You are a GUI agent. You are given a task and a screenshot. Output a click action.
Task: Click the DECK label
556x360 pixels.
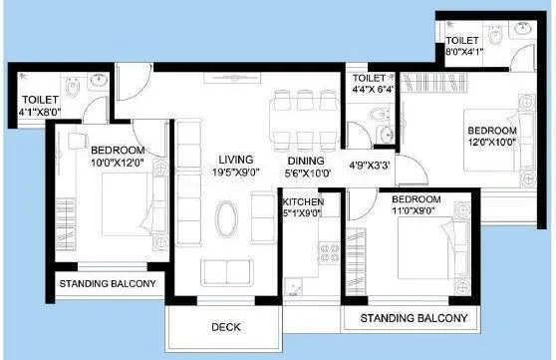224,326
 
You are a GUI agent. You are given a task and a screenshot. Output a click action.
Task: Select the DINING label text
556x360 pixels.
306,160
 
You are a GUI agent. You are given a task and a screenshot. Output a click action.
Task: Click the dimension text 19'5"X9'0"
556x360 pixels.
236,173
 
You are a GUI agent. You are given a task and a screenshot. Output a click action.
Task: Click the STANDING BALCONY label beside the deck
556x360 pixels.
415,318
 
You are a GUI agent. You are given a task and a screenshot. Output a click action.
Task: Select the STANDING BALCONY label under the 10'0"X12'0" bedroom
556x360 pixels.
108,284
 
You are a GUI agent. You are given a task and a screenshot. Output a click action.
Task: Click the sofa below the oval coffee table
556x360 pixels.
227,271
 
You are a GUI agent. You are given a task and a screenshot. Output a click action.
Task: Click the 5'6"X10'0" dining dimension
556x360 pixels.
306,173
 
